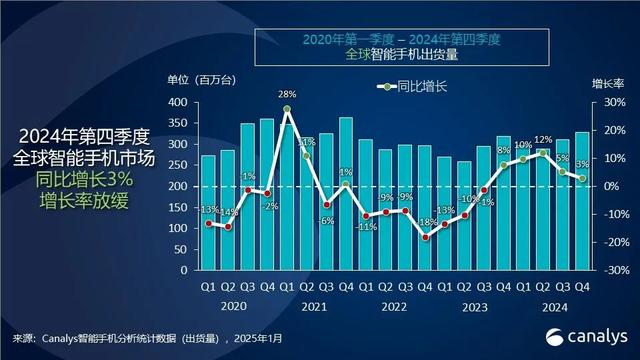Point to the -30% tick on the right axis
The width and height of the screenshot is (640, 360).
[616, 271]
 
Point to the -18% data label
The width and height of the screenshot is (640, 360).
[426, 224]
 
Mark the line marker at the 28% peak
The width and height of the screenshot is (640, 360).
[287, 109]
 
